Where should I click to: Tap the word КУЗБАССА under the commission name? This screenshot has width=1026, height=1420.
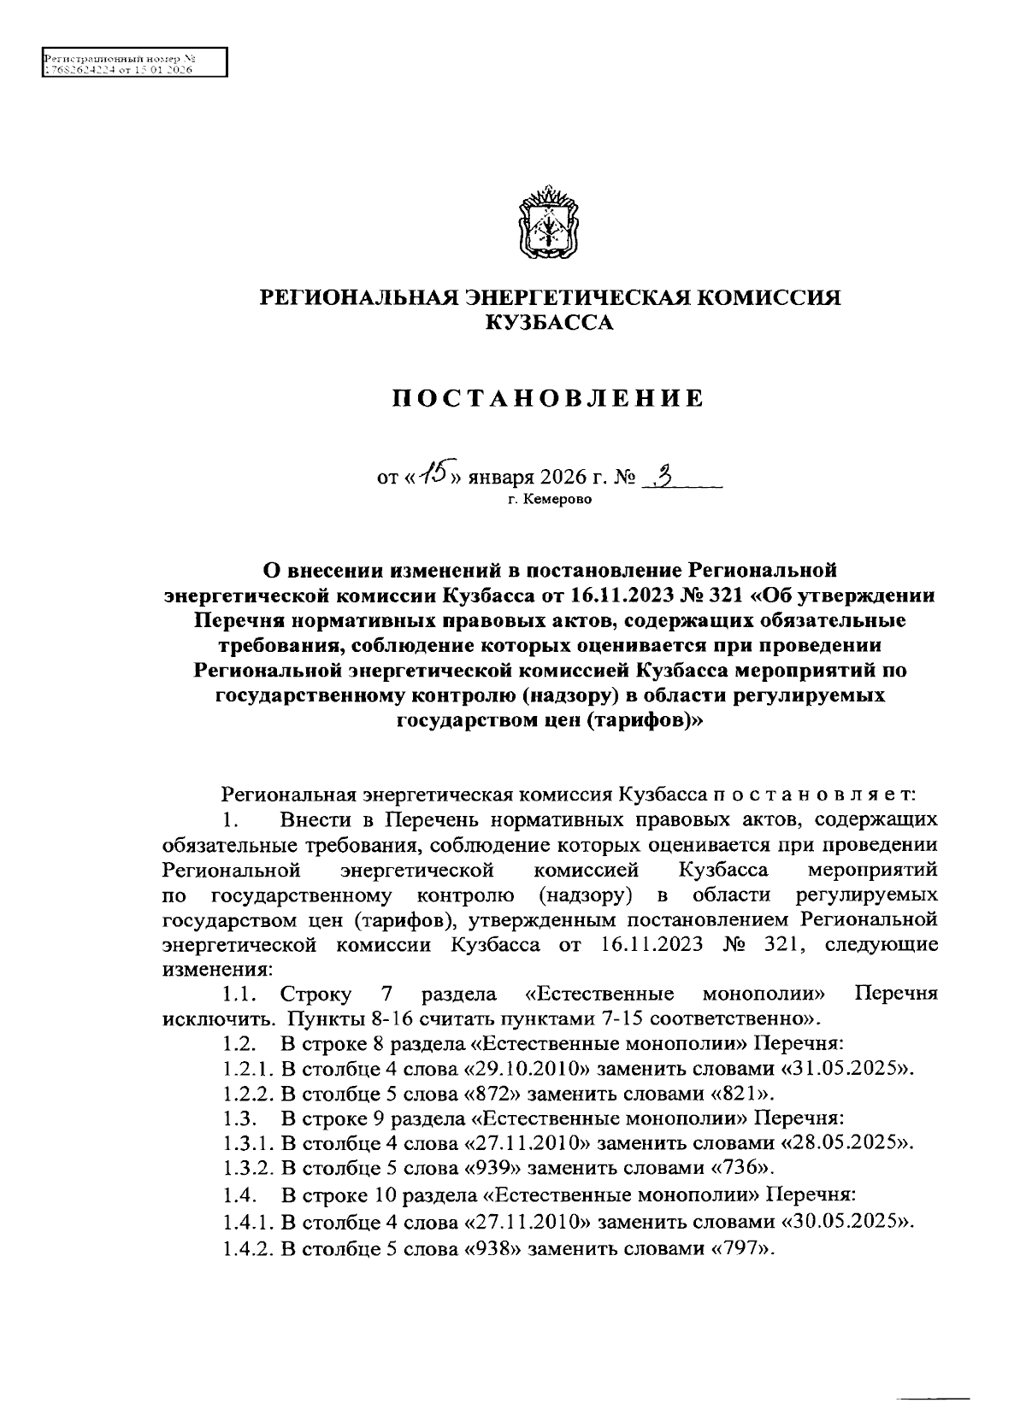click(x=549, y=323)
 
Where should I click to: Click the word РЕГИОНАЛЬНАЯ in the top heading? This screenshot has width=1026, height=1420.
click(x=358, y=297)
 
